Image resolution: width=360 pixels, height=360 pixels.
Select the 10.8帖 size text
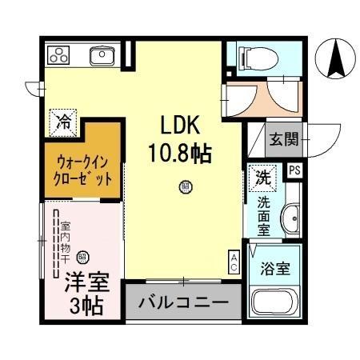click(x=178, y=153)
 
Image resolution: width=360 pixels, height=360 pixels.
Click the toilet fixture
click(x=250, y=57)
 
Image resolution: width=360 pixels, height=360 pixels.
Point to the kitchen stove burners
click(x=60, y=55)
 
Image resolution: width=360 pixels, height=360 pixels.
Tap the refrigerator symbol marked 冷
click(x=62, y=122)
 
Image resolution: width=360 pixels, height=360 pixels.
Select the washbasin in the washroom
click(x=291, y=216)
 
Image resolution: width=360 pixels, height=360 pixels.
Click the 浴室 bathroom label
click(x=277, y=269)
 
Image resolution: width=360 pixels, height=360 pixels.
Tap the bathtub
click(x=277, y=304)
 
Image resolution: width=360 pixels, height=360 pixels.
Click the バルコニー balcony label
click(x=182, y=303)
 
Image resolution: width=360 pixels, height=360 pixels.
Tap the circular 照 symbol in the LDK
click(x=185, y=188)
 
